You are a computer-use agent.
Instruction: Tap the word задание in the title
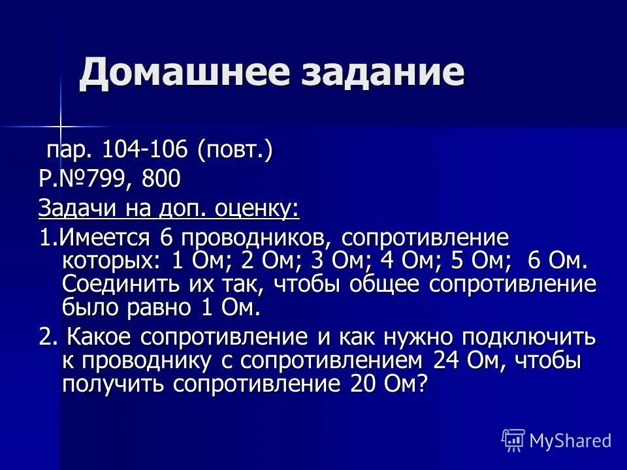(x=379, y=72)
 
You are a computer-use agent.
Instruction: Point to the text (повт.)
(x=234, y=150)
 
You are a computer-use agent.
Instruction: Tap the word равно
(x=156, y=307)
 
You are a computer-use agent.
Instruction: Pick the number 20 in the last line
(x=358, y=383)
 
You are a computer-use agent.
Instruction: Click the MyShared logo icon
(x=513, y=440)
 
